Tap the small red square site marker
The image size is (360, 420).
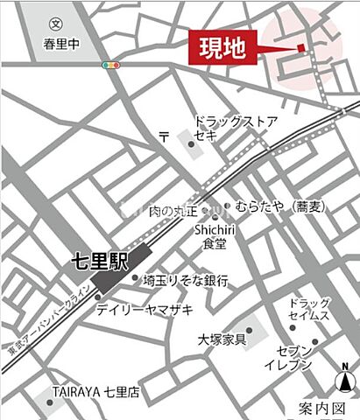pos(300,47)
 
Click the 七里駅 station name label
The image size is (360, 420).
pos(99,262)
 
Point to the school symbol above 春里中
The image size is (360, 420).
pos(55,24)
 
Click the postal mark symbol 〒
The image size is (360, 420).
pos(164,134)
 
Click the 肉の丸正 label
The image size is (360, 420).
pos(173,211)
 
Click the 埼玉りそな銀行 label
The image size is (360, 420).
pos(186,281)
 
